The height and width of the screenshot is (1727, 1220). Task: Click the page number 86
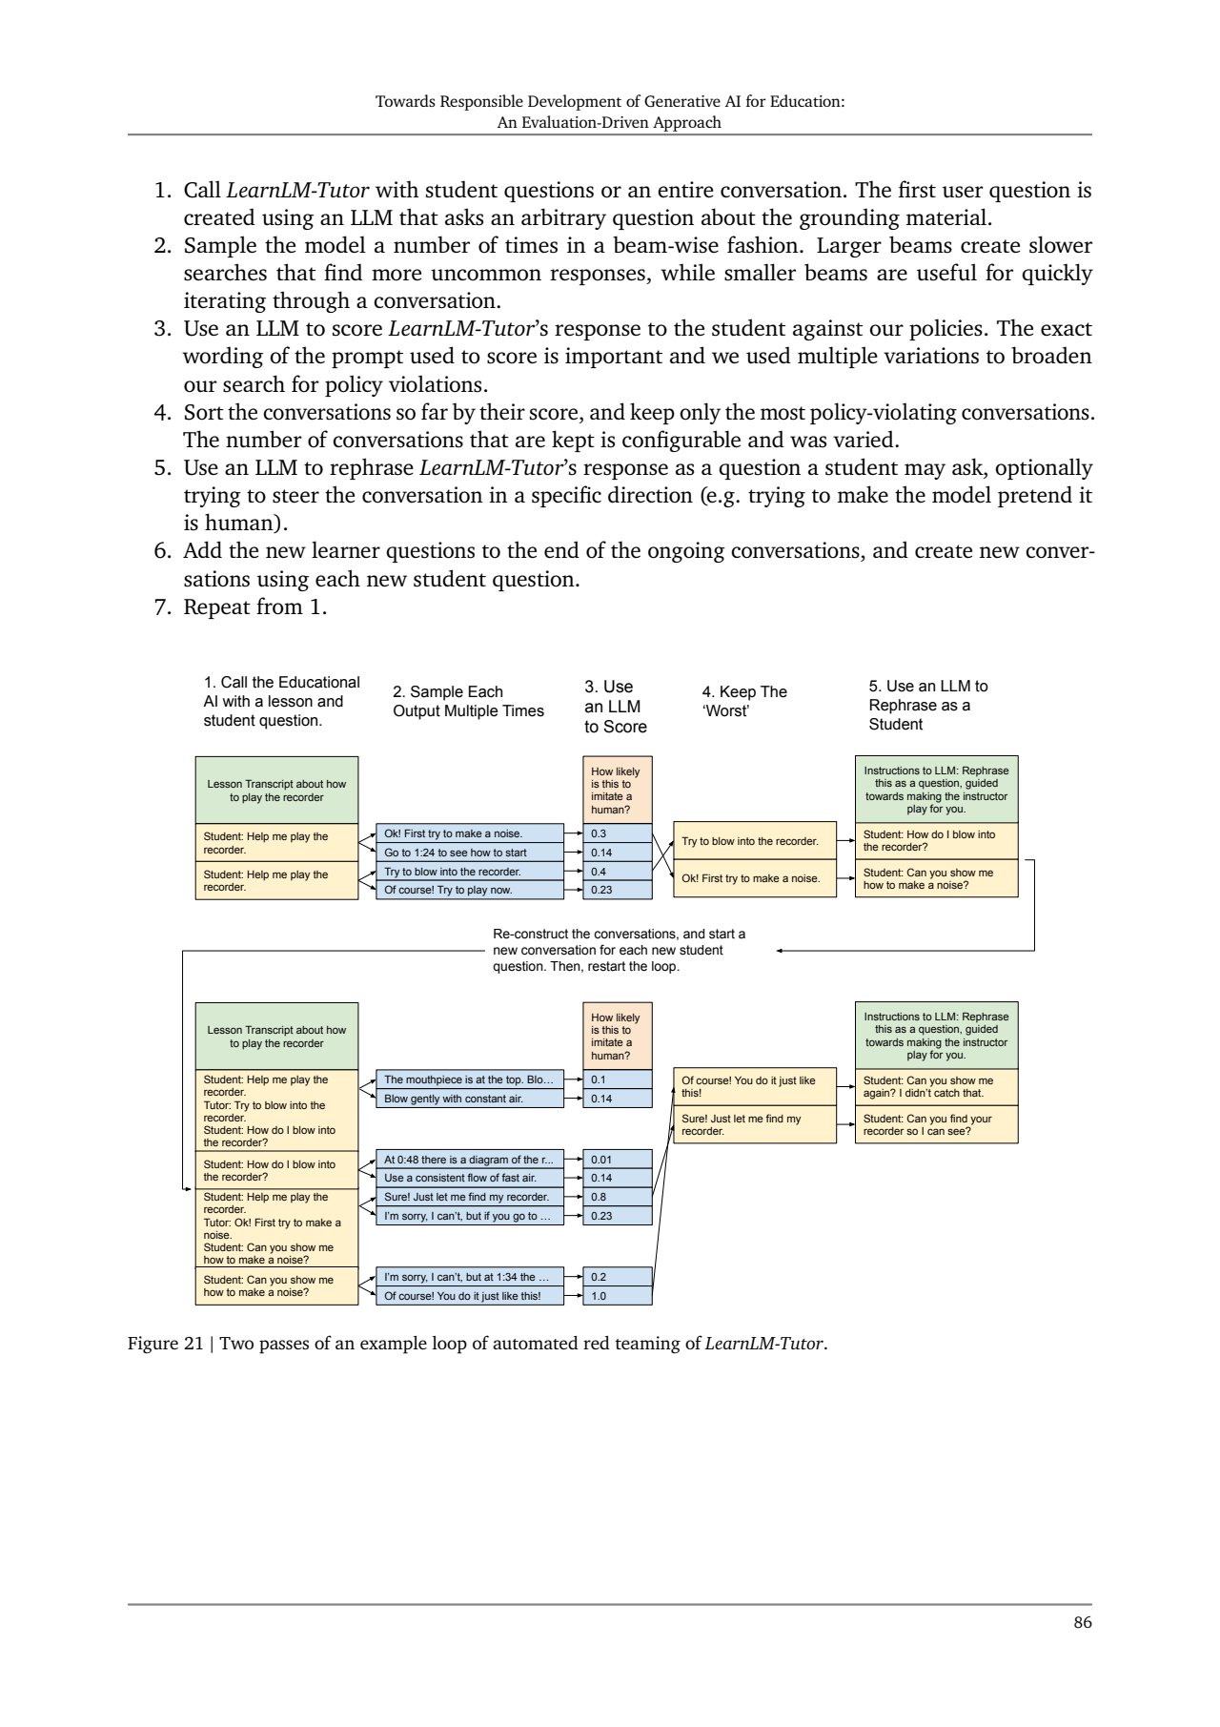[x=1082, y=1622]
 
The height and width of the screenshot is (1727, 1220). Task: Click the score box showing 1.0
[x=617, y=1296]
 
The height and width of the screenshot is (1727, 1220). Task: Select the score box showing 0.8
[x=617, y=1197]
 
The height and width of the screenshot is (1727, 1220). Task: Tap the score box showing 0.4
[x=617, y=872]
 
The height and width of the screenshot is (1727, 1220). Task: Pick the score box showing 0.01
[x=617, y=1160]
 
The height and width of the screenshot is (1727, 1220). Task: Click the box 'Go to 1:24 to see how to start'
[x=469, y=853]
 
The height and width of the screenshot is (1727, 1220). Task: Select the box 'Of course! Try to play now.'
[x=469, y=890]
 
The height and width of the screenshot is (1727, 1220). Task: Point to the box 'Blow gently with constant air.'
[x=469, y=1099]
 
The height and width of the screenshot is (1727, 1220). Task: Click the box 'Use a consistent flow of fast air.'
[x=469, y=1178]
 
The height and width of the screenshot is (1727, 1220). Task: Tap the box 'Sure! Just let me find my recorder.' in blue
[x=469, y=1197]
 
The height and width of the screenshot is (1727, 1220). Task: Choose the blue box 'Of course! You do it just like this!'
[x=469, y=1296]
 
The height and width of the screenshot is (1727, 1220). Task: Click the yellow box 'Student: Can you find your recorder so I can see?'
[x=936, y=1124]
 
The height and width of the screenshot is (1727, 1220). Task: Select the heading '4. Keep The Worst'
[x=744, y=701]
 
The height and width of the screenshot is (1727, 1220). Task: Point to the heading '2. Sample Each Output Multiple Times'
[x=468, y=701]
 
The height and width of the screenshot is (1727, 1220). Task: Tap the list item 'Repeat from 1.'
[x=254, y=607]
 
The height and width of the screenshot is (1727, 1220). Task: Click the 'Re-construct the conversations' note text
[x=619, y=950]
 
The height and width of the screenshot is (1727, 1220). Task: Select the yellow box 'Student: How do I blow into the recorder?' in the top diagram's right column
[x=936, y=841]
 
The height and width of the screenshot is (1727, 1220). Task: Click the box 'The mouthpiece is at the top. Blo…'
[x=469, y=1079]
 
